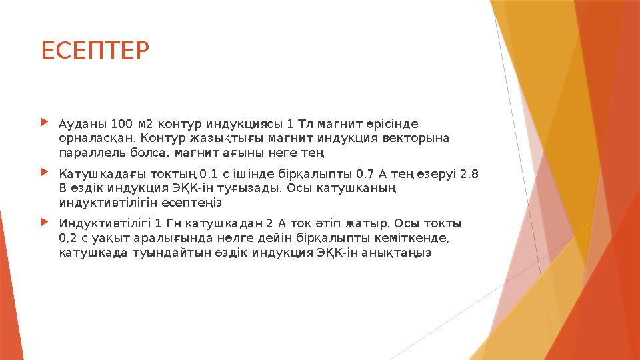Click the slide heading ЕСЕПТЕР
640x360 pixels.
pos(96,50)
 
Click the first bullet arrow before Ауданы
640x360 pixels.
pos(45,123)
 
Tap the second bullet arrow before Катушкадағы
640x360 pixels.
pos(45,172)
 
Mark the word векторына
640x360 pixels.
pos(421,139)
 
